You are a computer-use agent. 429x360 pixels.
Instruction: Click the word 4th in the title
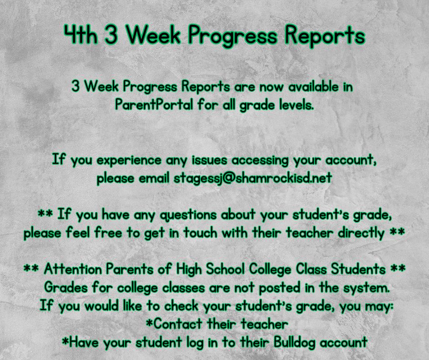(81, 35)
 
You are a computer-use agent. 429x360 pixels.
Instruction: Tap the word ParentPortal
(154, 104)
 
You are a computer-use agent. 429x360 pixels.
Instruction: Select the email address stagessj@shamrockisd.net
(253, 178)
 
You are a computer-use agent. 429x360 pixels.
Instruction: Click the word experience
(129, 160)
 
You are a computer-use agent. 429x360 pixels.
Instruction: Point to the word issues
(209, 159)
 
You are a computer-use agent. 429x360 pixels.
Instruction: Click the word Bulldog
(295, 343)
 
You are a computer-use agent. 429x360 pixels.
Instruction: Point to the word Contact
(178, 324)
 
